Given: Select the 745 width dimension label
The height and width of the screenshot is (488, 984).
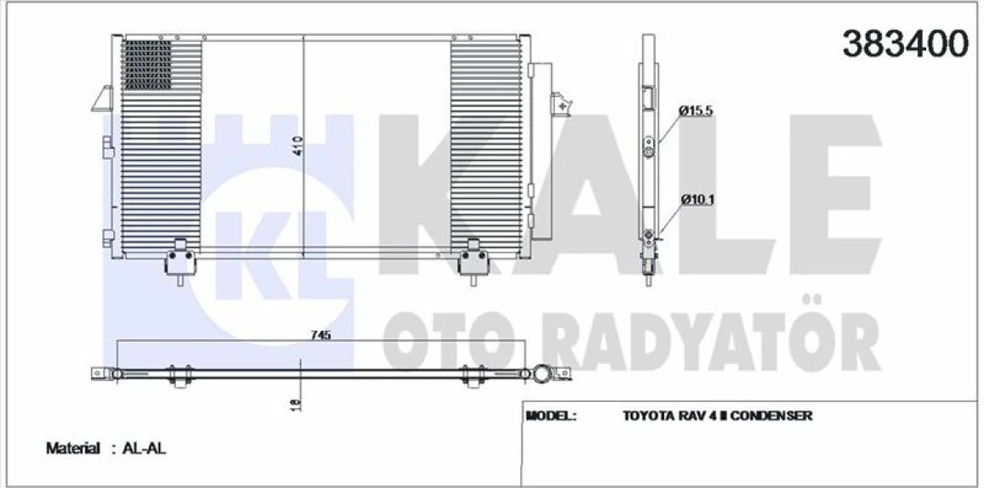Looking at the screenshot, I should (320, 335).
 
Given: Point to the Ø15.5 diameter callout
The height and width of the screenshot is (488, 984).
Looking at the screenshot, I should (695, 111).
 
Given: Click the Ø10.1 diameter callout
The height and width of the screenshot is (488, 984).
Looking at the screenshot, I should (696, 201).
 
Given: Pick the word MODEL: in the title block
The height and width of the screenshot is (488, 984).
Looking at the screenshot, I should (552, 417).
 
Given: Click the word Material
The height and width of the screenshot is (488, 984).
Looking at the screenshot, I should (74, 448).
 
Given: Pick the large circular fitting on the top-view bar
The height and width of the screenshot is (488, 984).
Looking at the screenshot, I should (542, 374).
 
